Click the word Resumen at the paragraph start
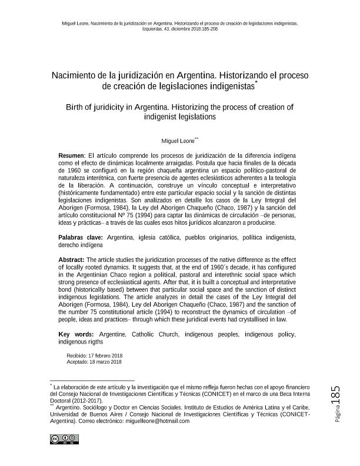pos(72,154)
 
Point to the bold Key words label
pos(74,334)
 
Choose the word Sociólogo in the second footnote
pos(92,408)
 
